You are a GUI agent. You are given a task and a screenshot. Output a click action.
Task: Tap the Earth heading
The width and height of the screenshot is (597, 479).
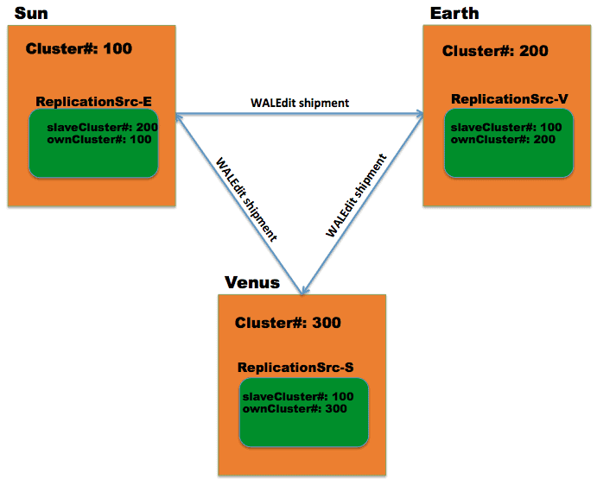tap(454, 12)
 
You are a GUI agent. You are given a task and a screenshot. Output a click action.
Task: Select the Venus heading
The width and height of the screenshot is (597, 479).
tap(252, 282)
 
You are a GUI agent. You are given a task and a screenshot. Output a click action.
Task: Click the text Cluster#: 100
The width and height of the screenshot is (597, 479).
tap(79, 48)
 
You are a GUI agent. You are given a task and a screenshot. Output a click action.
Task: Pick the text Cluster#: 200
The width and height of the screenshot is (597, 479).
tap(495, 51)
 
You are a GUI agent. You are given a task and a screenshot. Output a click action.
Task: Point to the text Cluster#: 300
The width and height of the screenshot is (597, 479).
tap(288, 323)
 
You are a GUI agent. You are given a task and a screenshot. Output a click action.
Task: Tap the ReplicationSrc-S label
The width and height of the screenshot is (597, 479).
tap(295, 368)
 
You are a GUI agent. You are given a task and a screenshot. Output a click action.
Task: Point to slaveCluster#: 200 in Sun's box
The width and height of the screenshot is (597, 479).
tap(102, 127)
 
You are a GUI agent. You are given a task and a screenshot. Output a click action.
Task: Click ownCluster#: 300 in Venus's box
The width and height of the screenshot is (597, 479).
tap(295, 408)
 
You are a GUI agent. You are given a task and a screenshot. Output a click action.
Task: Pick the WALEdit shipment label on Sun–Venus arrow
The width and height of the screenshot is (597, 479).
tap(246, 199)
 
